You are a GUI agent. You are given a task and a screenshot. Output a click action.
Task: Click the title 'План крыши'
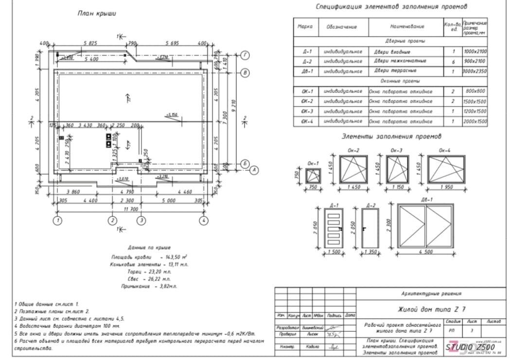pyautogui.click(x=97, y=14)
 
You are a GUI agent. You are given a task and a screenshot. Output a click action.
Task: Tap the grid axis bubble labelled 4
pyautogui.click(x=204, y=220)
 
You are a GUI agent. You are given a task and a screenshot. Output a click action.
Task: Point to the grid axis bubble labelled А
pyautogui.click(x=253, y=170)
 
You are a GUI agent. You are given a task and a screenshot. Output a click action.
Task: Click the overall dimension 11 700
pyautogui.click(x=131, y=209)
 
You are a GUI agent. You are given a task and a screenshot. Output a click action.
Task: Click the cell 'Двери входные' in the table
pyautogui.click(x=392, y=51)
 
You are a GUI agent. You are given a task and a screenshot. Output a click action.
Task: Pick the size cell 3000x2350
pyautogui.click(x=475, y=71)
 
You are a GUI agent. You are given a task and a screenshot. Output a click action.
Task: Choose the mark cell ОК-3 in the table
pyautogui.click(x=306, y=111)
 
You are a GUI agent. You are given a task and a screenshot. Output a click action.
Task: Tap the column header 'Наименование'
pyautogui.click(x=406, y=26)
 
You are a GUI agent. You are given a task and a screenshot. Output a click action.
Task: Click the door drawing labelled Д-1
pyautogui.click(x=334, y=228)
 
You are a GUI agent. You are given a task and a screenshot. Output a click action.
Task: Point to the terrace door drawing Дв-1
pyautogui.click(x=426, y=226)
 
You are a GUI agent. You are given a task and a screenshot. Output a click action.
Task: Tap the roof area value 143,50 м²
pyautogui.click(x=177, y=256)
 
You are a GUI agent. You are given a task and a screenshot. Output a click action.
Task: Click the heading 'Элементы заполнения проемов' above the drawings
pyautogui.click(x=391, y=136)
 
